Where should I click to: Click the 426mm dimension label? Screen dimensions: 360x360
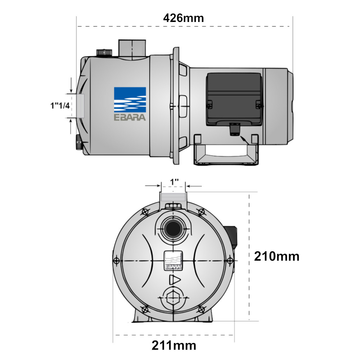[184, 18]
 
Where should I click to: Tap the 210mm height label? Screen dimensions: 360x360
[276, 256]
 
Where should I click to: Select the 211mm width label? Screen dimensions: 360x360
[174, 345]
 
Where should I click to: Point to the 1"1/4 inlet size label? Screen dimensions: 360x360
[60, 105]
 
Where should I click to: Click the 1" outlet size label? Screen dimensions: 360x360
[174, 182]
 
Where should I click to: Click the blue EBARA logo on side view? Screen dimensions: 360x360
[130, 104]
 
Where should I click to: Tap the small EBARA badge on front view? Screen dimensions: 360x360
[173, 260]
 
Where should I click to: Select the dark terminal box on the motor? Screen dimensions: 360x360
[234, 99]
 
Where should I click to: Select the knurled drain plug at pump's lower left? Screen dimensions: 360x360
[79, 142]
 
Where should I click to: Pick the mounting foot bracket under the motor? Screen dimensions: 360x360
[226, 150]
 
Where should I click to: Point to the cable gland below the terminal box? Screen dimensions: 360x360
[235, 130]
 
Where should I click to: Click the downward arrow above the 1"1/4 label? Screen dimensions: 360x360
[71, 85]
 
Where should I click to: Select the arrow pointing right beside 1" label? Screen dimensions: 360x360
[153, 186]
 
